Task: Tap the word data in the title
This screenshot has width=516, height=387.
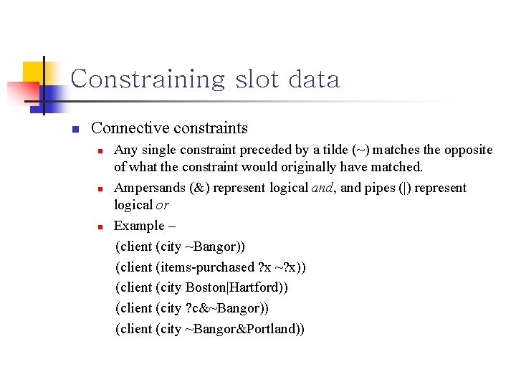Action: click(314, 79)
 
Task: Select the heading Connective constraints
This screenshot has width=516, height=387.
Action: click(170, 128)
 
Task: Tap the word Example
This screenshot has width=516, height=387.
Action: click(135, 226)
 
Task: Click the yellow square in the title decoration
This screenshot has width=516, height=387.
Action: click(34, 72)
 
